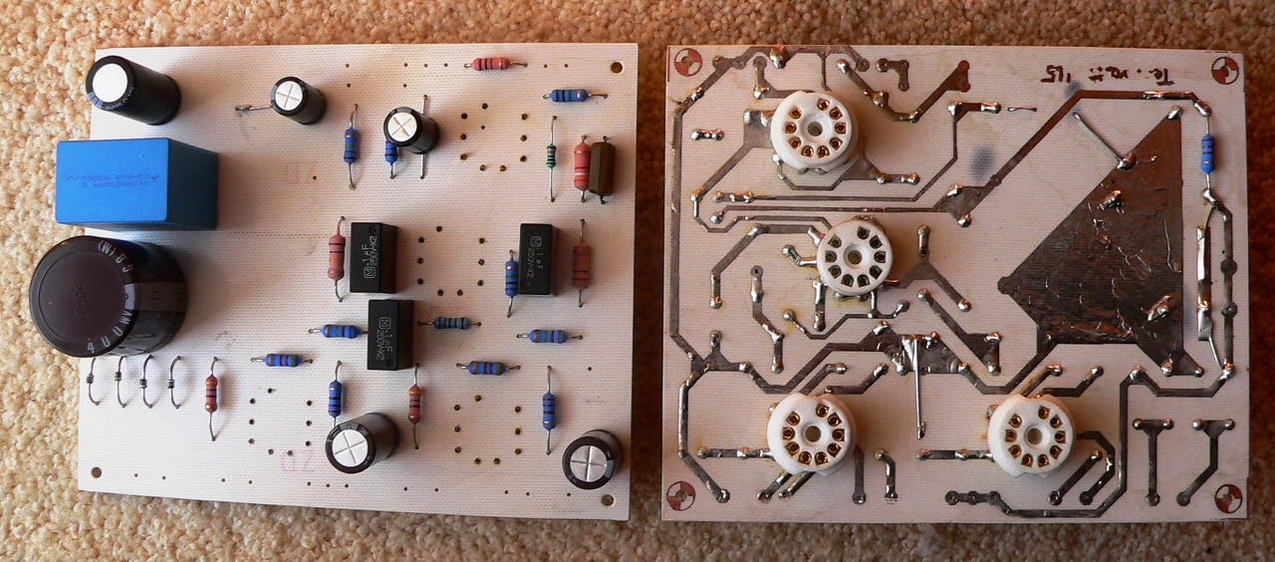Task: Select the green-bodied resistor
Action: pos(551,156)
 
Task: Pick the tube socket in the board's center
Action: pos(855,257)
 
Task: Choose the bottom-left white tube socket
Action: pos(811,433)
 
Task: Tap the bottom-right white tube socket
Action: pos(1031,433)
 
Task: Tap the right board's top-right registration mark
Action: pos(1225,70)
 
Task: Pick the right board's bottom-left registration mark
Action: pos(681,494)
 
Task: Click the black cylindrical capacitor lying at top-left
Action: pos(132,90)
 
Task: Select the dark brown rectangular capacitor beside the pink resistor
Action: pos(602,168)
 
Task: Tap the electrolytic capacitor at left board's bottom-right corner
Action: pos(592,458)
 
